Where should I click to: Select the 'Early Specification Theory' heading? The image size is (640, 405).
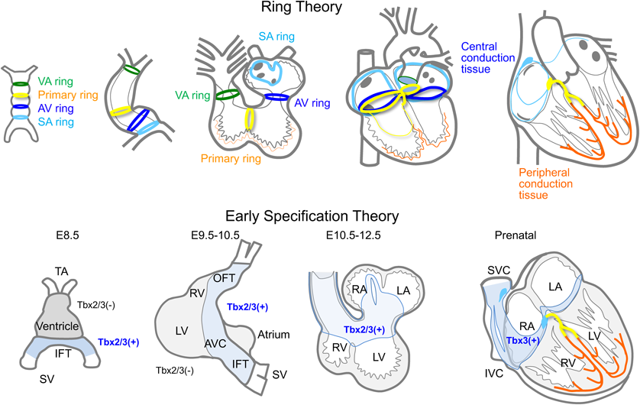[x=318, y=217]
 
